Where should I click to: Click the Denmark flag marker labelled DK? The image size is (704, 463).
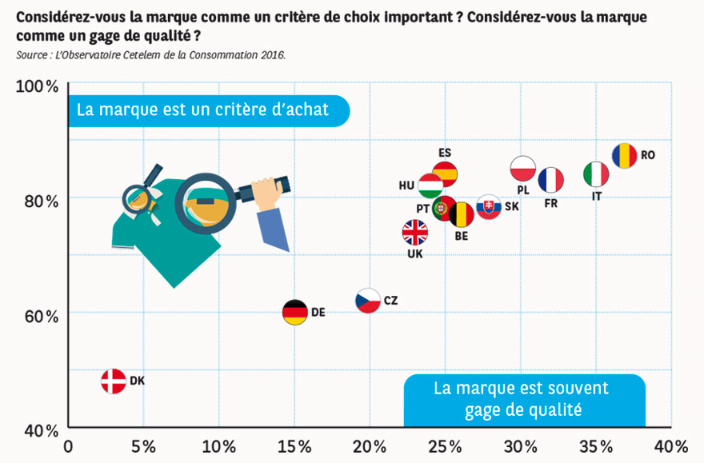(114, 381)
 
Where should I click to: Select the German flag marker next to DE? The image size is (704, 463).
(295, 312)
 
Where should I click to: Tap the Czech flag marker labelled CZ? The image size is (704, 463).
(368, 301)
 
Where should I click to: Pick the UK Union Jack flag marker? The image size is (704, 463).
(415, 233)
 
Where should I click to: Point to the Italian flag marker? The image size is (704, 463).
(596, 174)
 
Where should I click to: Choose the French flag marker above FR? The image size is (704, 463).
(550, 180)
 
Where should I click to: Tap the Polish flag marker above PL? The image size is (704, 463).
(522, 169)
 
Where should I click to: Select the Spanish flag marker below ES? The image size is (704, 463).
(445, 173)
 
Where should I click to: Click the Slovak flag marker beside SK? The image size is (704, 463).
(489, 207)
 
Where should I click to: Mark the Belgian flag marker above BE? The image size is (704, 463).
(462, 214)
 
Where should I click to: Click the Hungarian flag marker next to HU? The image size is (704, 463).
(430, 186)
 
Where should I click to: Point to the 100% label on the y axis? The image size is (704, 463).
(38, 86)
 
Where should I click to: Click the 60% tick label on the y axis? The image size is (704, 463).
(38, 316)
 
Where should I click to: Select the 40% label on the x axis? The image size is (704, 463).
(670, 445)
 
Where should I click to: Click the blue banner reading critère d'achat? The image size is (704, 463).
(209, 110)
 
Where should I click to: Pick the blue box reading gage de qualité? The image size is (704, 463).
(524, 399)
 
